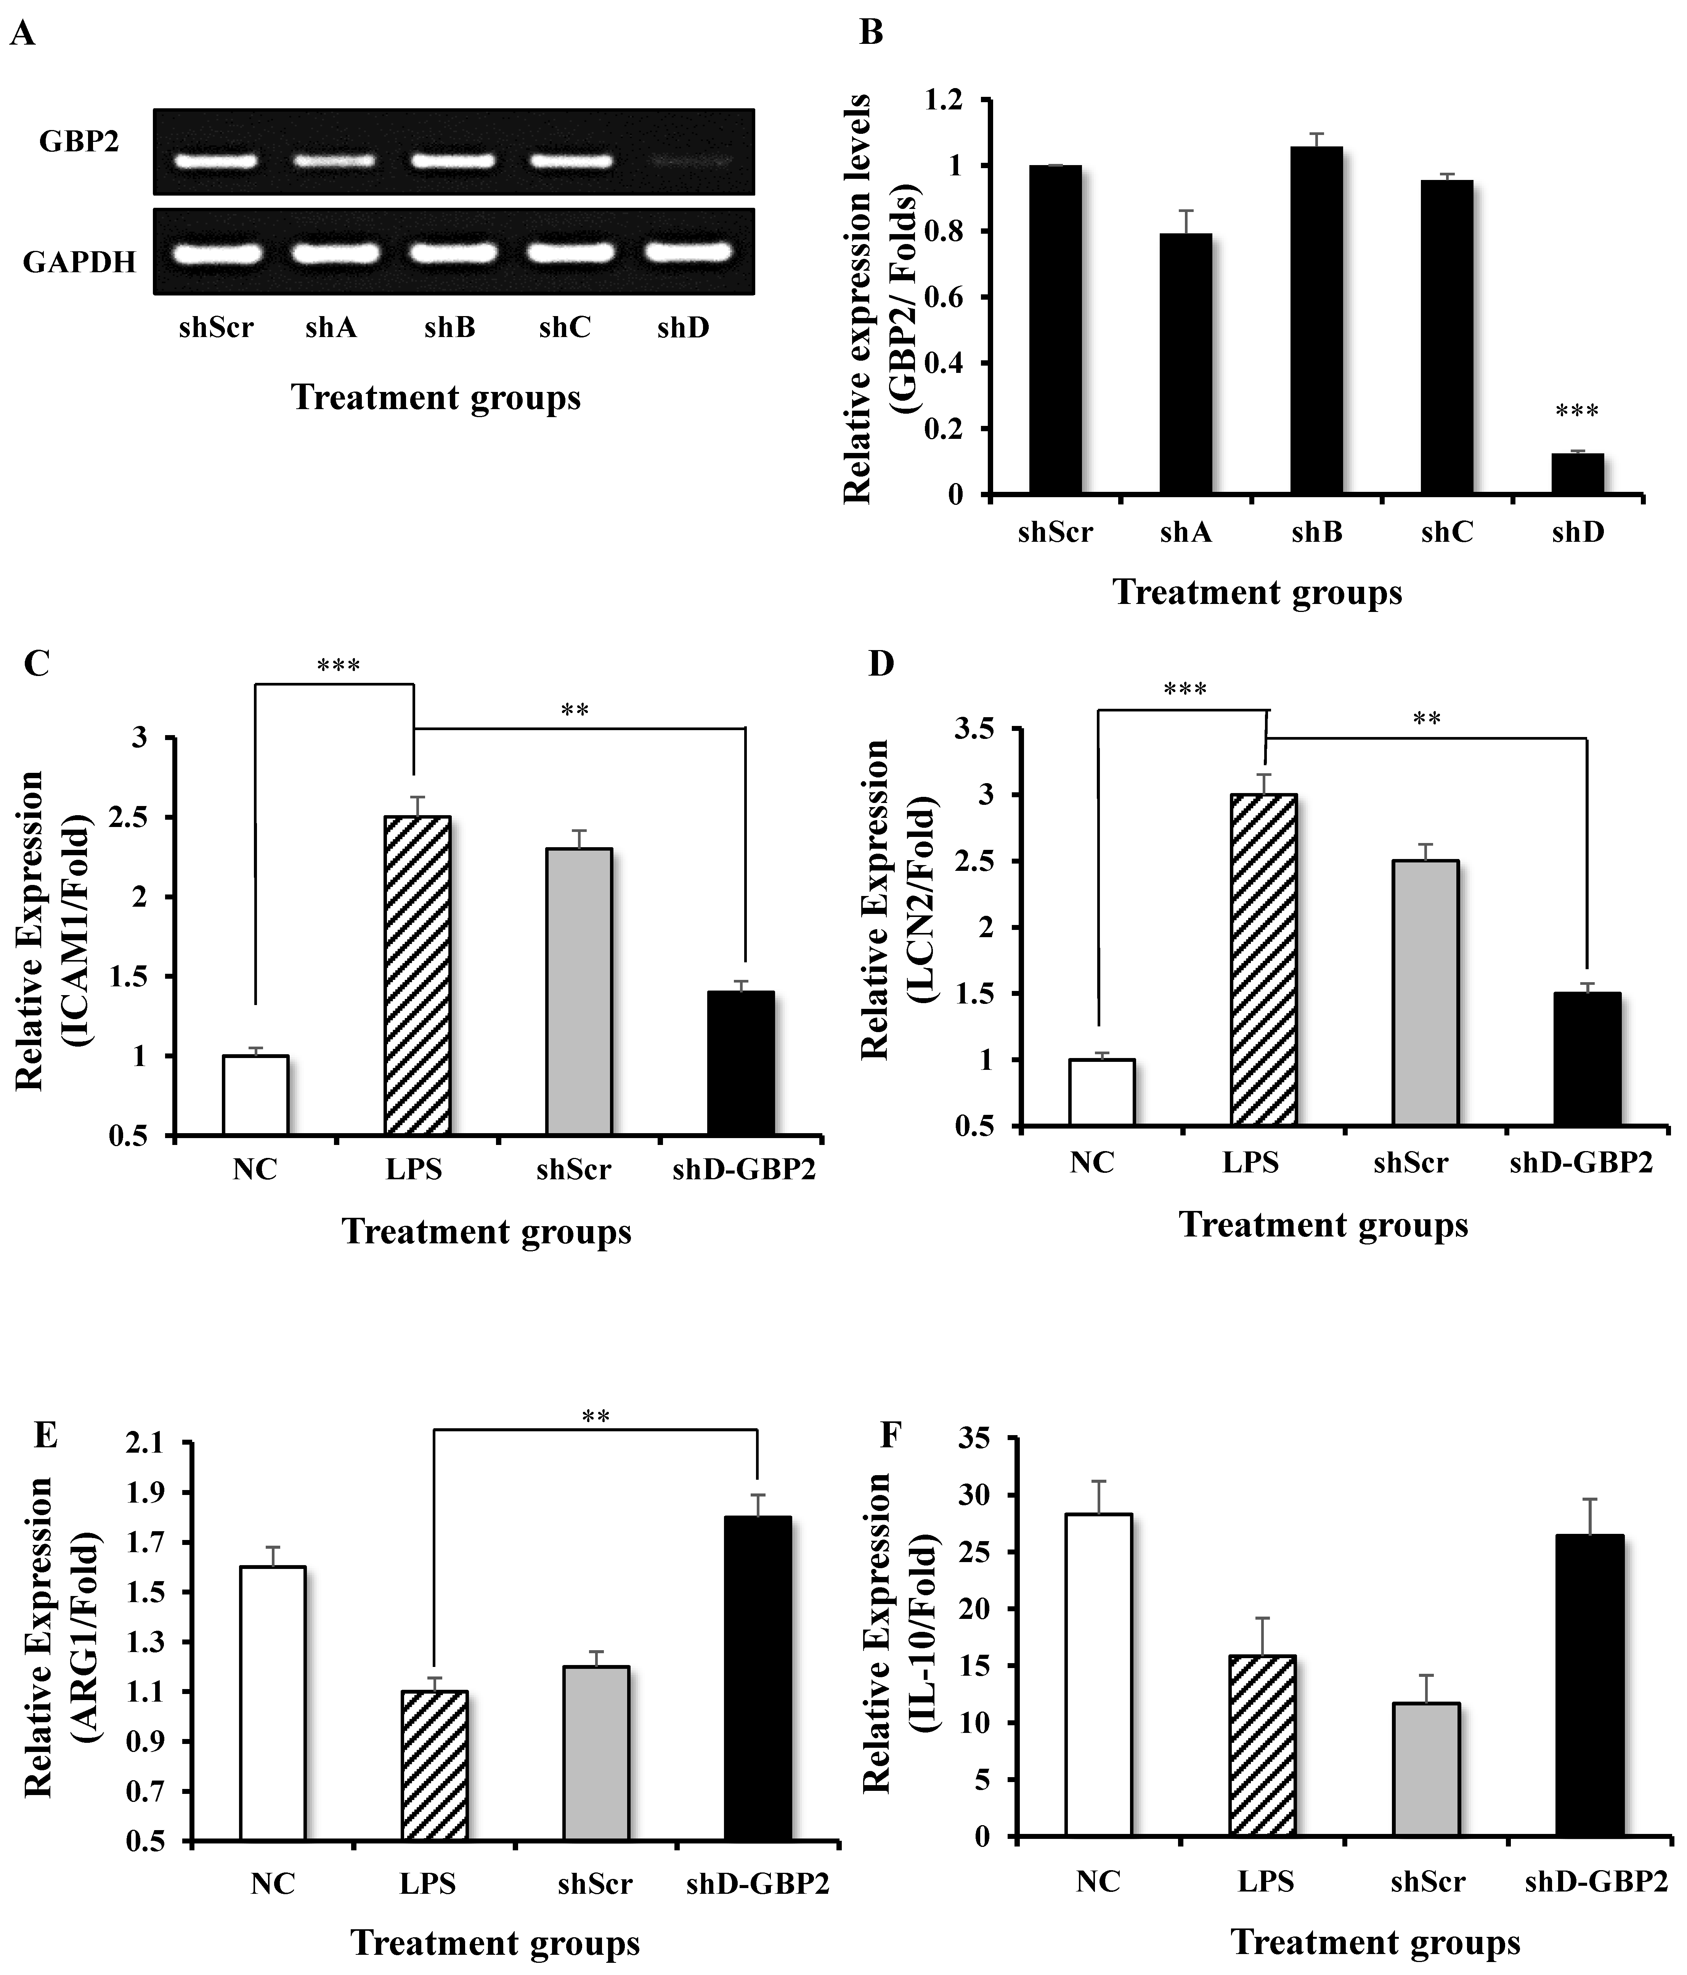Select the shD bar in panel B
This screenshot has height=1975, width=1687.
click(1578, 474)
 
